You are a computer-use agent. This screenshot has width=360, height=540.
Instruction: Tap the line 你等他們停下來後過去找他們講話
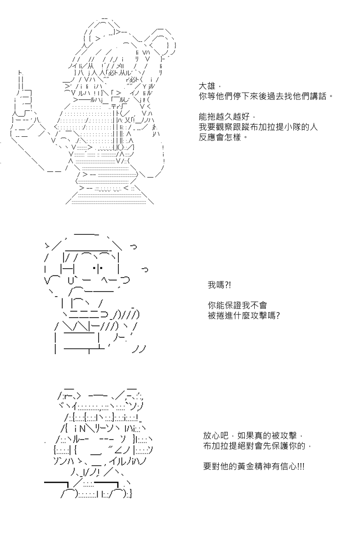coord(264,96)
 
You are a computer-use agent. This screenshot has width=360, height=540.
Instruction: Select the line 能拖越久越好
coord(224,117)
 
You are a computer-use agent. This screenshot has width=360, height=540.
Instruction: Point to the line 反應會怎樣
coord(220,137)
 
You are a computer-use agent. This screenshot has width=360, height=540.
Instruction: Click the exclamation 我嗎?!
coord(219,285)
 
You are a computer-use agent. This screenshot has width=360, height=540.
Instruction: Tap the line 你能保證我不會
coord(238,306)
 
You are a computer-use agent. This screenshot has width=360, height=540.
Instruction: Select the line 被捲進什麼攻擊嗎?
coord(244,315)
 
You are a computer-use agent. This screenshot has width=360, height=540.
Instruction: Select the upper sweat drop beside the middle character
coord(133,247)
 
